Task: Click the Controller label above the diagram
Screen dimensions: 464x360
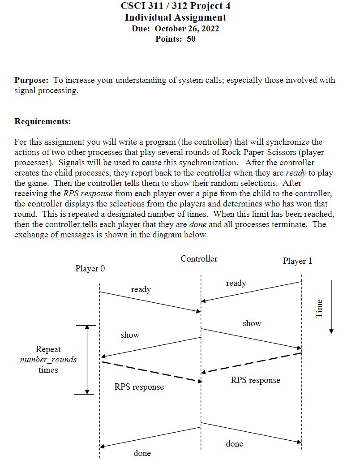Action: click(x=199, y=258)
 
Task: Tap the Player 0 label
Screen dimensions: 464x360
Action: click(x=90, y=269)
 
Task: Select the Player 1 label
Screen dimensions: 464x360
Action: click(x=297, y=261)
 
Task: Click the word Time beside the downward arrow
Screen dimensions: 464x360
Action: click(x=319, y=308)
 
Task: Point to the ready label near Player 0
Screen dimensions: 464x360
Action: click(x=141, y=289)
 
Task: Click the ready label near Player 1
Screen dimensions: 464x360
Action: click(x=236, y=283)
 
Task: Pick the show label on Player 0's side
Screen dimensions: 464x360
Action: click(x=130, y=335)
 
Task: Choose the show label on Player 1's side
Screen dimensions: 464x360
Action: click(x=252, y=323)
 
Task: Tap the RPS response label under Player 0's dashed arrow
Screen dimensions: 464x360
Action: click(x=139, y=387)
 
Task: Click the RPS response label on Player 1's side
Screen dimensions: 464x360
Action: click(x=255, y=380)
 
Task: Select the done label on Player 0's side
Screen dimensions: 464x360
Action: click(x=142, y=453)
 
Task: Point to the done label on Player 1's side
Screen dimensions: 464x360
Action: click(x=235, y=444)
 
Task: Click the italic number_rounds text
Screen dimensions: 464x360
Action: click(x=48, y=360)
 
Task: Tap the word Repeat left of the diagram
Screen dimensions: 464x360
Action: click(x=48, y=349)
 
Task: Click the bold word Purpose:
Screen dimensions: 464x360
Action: click(x=31, y=80)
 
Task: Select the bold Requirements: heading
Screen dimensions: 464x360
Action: click(x=43, y=121)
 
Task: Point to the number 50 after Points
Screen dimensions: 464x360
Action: click(x=191, y=39)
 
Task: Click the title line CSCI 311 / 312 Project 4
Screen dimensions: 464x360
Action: click(x=176, y=6)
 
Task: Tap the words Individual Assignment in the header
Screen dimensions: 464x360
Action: click(x=176, y=17)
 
